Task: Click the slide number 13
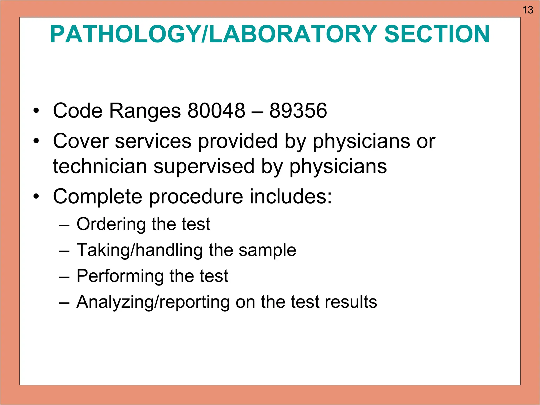point(528,10)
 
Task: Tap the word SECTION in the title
point(437,34)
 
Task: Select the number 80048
point(216,110)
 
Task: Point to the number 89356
point(298,110)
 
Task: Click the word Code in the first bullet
point(78,110)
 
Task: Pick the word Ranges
point(145,111)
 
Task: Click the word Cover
point(81,141)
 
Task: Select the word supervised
point(204,167)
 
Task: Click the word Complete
point(98,197)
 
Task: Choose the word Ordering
point(111,224)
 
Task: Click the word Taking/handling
point(140,250)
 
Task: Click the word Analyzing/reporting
point(153,302)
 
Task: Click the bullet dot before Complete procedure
point(36,196)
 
